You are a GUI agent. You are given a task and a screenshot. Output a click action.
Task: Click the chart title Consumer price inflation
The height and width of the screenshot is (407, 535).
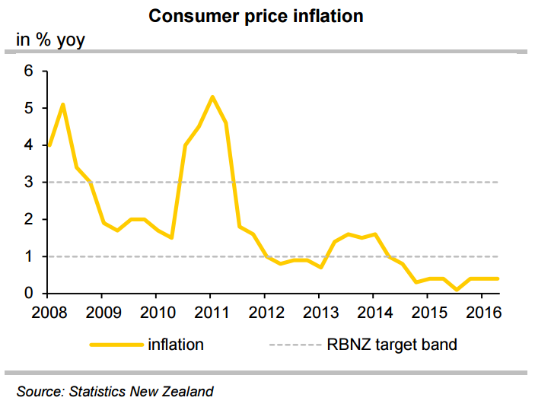(266, 16)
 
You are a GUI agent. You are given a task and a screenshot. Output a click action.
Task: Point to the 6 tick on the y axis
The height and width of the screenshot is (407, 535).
(30, 71)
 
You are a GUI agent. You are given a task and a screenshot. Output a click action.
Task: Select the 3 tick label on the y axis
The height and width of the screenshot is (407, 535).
(30, 183)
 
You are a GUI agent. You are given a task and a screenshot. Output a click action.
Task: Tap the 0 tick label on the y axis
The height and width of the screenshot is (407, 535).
(30, 294)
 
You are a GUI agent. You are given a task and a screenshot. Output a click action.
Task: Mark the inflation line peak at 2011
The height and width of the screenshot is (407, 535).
(212, 97)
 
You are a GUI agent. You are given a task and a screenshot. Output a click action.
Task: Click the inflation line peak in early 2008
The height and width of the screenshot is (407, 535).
(62, 104)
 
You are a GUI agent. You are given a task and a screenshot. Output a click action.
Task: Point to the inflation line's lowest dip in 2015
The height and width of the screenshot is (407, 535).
(455, 290)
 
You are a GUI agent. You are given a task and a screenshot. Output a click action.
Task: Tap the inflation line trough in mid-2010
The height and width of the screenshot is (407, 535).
(171, 237)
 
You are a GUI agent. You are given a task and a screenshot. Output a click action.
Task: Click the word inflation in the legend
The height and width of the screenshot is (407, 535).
(175, 345)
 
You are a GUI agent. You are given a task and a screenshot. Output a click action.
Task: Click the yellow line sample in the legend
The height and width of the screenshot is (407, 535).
(116, 345)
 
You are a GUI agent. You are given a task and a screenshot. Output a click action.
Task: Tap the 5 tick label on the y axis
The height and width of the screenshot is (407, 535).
(30, 108)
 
